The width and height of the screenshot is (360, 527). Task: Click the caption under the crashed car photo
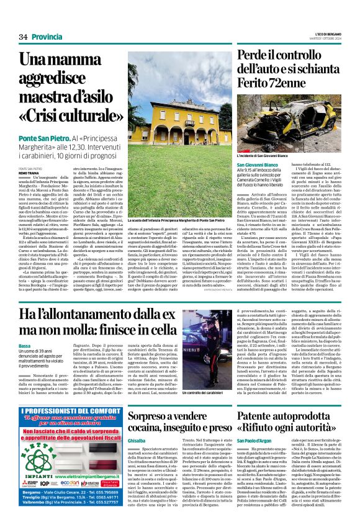click(x=262, y=156)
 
